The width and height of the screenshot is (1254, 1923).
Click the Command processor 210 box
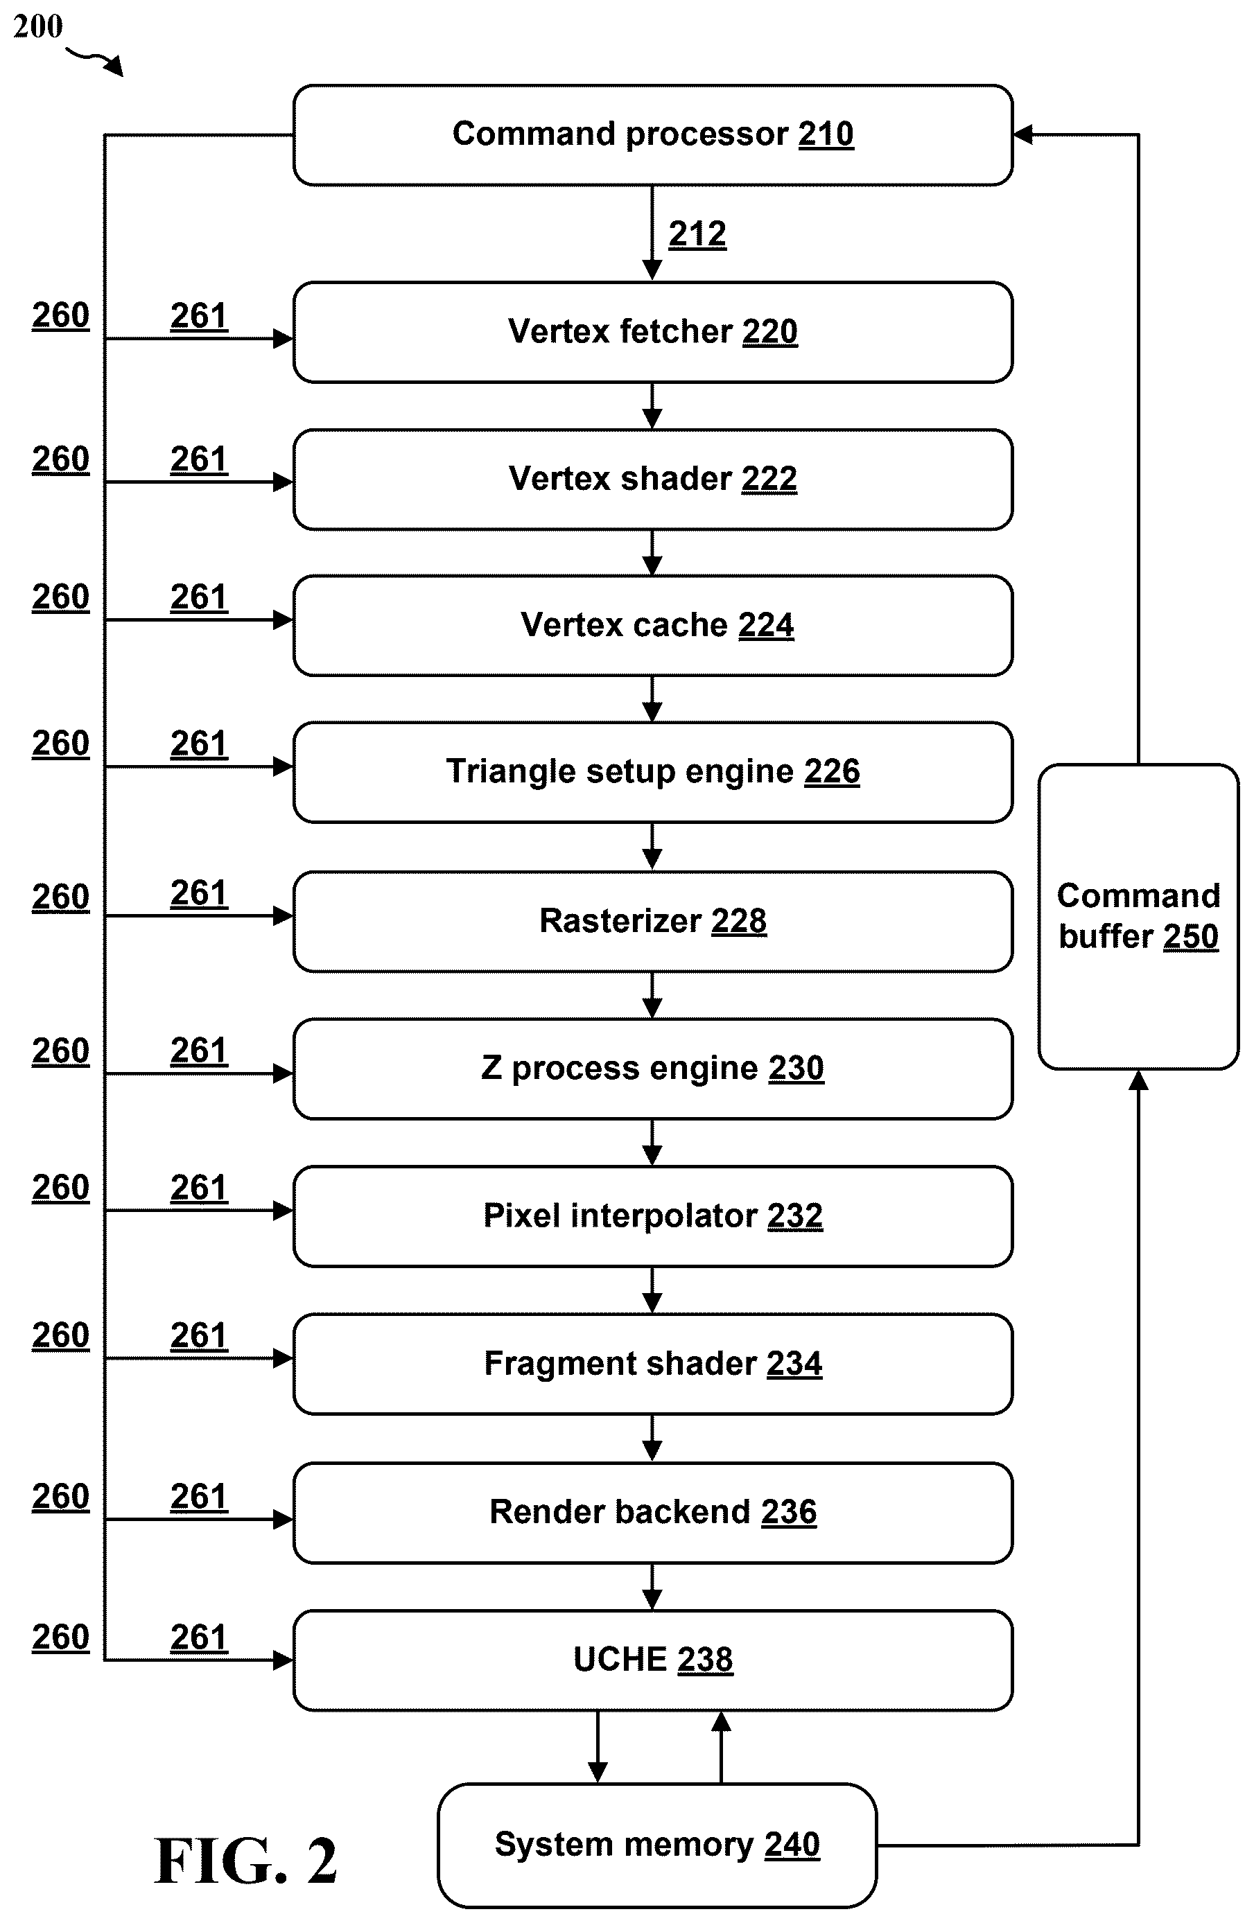[653, 135]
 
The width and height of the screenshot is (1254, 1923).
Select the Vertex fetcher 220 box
[653, 332]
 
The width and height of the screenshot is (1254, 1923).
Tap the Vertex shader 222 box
[653, 479]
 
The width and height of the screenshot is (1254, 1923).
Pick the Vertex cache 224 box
[653, 625]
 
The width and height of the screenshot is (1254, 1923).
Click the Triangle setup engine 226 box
[653, 771]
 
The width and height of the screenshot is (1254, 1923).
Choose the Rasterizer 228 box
[653, 921]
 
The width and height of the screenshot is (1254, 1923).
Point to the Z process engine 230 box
[653, 1068]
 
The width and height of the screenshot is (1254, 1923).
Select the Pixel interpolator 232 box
[653, 1216]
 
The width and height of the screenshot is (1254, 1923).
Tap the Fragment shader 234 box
[653, 1364]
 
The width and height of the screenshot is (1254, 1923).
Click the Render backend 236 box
[653, 1513]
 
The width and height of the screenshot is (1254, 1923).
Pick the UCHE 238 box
[653, 1660]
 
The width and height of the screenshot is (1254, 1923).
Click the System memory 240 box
[657, 1845]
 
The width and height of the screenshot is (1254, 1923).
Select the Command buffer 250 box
[1138, 916]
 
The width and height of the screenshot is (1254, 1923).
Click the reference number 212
[697, 234]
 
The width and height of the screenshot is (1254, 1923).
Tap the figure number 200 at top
[38, 26]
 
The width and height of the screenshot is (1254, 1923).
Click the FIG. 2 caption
[245, 1861]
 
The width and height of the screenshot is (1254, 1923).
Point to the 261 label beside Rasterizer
[199, 894]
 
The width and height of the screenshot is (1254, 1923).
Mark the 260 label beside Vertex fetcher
[60, 316]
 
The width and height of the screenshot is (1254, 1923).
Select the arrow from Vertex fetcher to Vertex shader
[652, 405]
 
